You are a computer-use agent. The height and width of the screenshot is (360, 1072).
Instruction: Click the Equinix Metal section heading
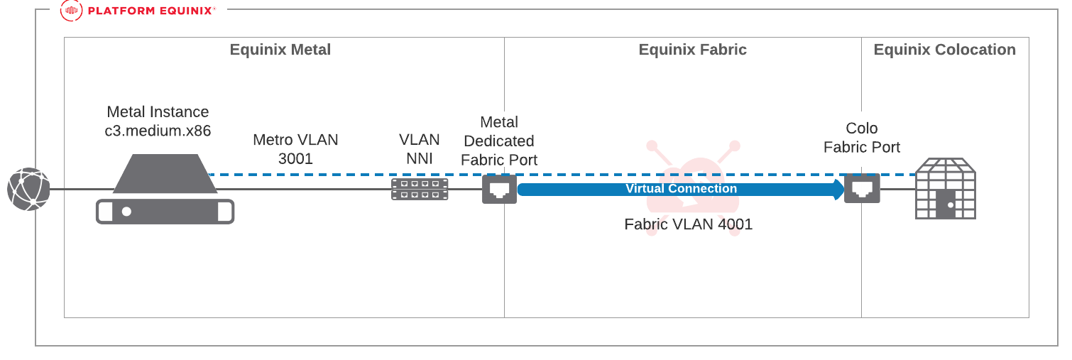(x=280, y=50)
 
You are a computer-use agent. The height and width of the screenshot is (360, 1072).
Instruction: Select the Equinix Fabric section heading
(x=692, y=50)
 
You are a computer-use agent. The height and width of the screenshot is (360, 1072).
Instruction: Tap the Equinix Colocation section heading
(x=944, y=50)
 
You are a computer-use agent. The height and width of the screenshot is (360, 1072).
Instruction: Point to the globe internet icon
(x=28, y=189)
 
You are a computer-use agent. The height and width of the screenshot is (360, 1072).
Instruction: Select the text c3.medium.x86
(x=158, y=131)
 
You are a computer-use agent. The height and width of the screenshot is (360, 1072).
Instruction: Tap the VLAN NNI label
(x=419, y=149)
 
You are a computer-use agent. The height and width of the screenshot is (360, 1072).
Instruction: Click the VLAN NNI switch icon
(x=420, y=189)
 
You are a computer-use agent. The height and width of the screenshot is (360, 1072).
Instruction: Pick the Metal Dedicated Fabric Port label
(x=499, y=141)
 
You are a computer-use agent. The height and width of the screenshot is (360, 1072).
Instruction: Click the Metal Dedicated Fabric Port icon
(x=499, y=189)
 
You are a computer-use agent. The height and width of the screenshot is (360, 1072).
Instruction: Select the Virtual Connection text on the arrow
(x=681, y=189)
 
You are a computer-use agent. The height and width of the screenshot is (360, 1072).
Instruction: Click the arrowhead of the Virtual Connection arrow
(x=838, y=189)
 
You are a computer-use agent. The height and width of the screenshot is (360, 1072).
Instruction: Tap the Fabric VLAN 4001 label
(x=688, y=224)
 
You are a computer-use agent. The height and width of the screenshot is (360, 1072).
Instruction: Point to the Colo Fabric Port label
(x=862, y=138)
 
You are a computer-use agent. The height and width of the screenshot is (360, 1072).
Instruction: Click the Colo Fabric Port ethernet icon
(x=862, y=189)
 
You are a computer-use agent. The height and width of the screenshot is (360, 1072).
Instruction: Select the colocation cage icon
(x=945, y=188)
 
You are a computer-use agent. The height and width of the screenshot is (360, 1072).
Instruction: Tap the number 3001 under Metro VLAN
(x=295, y=158)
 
